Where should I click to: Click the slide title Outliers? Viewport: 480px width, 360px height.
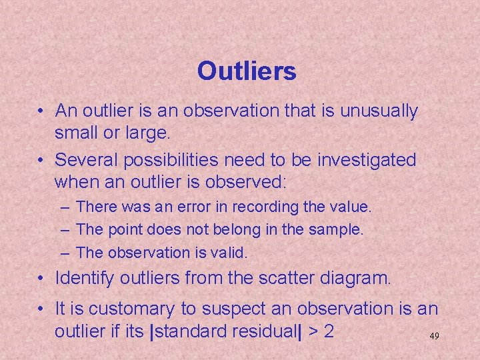(x=247, y=71)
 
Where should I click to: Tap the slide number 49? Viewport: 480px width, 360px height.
(x=433, y=337)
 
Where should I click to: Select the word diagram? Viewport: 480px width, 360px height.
(x=355, y=277)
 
